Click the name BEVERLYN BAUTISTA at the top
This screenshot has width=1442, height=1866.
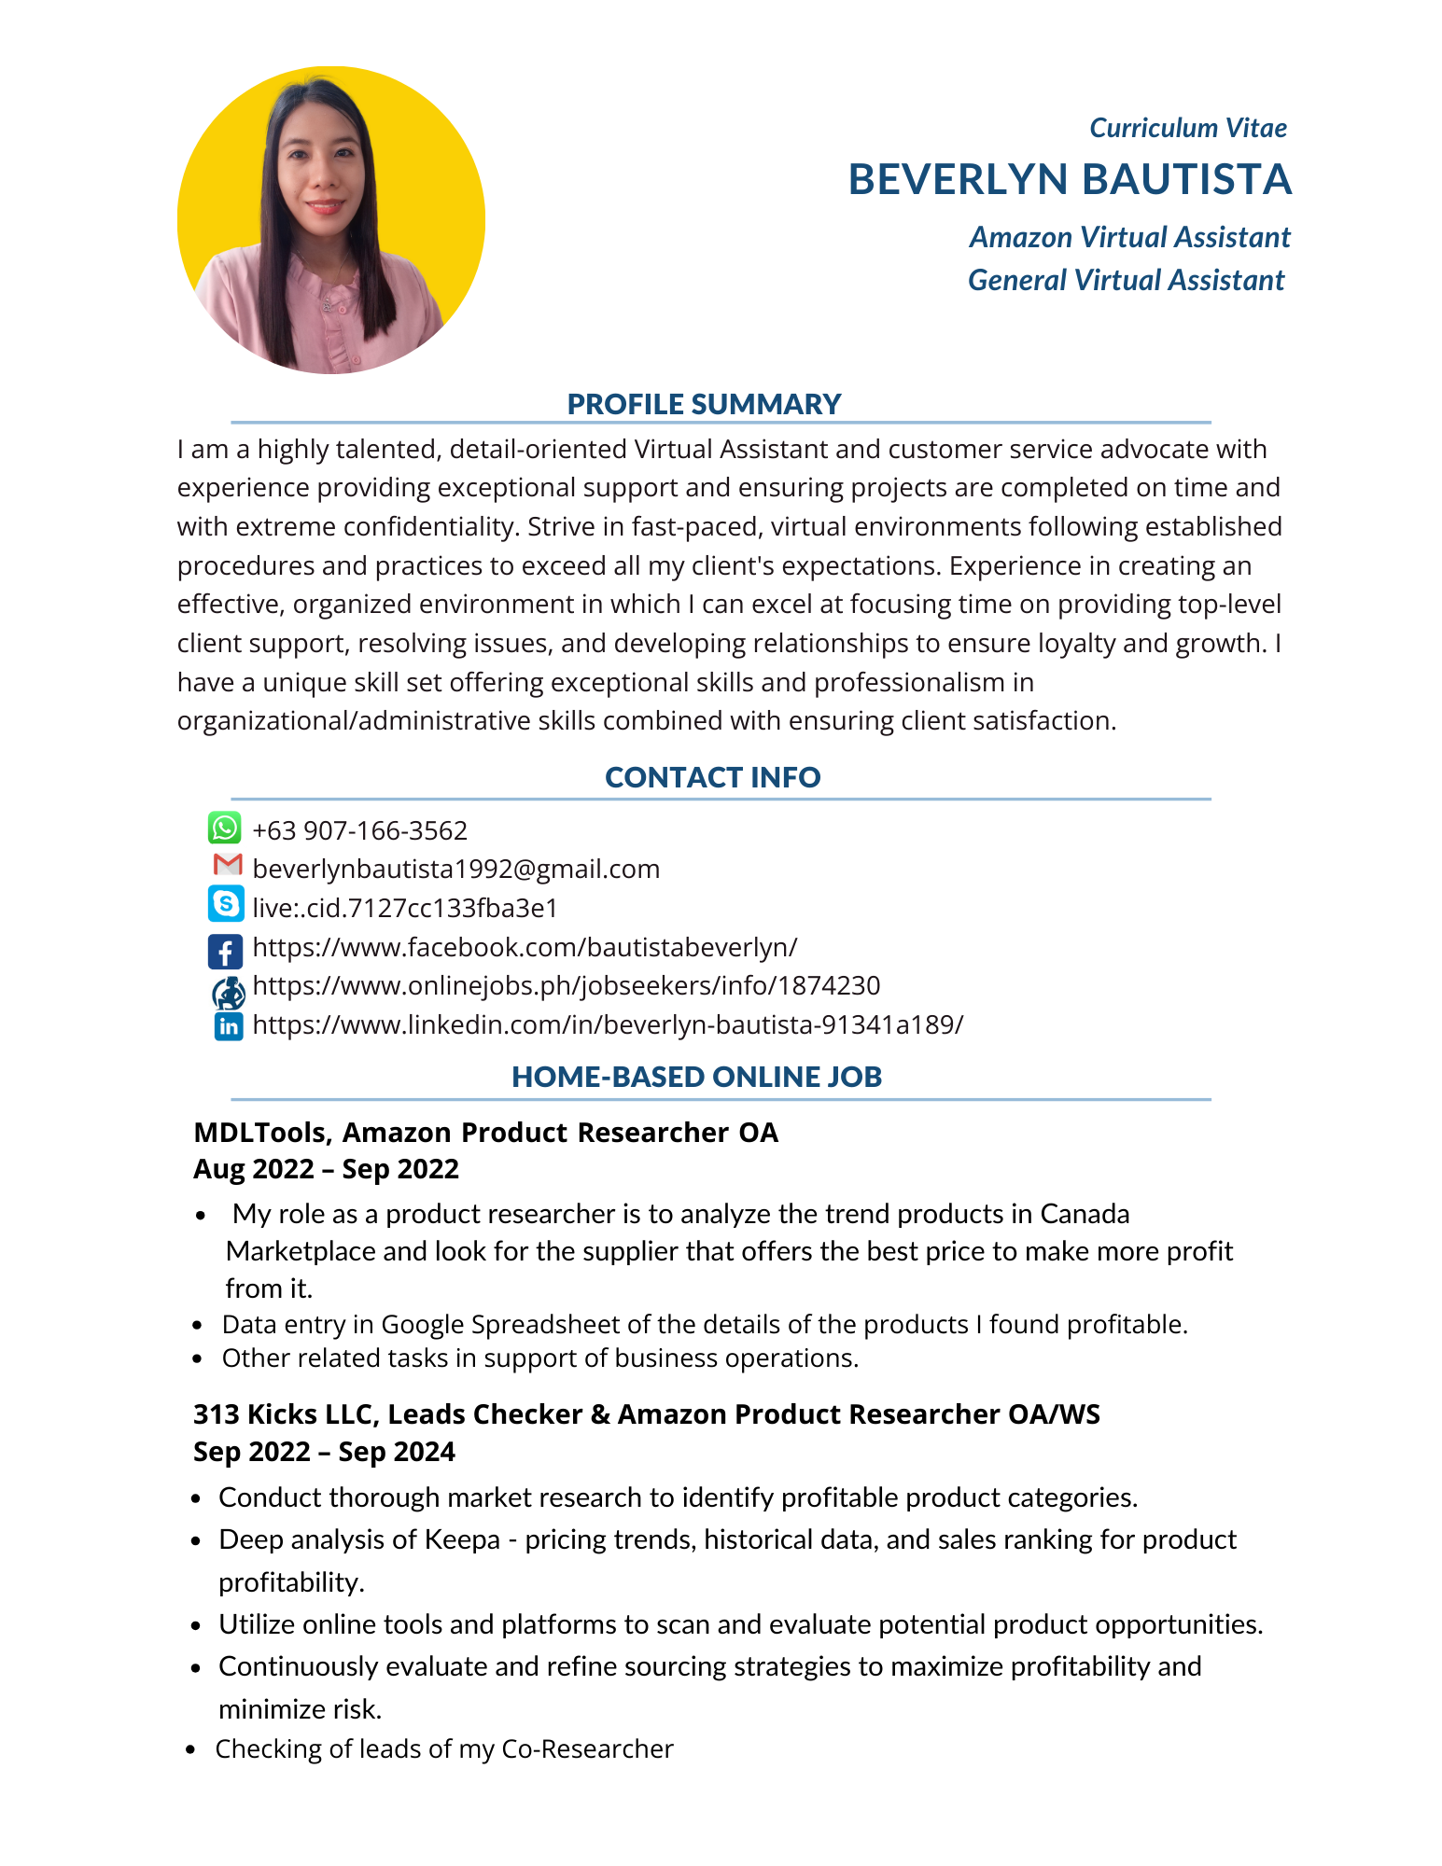1070,180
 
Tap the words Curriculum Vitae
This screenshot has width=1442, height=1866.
1187,128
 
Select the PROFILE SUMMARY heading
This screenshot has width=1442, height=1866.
704,404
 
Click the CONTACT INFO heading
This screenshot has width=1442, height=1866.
712,777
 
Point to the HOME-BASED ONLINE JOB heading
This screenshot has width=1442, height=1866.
696,1077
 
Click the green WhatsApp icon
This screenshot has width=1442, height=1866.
224,829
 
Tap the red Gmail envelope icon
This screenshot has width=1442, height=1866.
227,865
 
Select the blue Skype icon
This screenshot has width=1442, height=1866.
225,904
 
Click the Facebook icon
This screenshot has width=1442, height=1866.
225,952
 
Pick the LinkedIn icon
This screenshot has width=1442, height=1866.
228,1026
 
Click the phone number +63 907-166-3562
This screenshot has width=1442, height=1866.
359,830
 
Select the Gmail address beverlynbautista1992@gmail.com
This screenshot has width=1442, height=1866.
455,870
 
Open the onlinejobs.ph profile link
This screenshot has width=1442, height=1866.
566,986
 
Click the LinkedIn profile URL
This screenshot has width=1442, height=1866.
608,1025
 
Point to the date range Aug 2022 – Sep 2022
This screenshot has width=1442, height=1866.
326,1169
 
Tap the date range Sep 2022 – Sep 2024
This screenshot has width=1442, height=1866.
324,1452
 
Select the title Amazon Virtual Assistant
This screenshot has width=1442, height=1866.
1129,238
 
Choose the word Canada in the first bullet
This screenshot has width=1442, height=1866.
1085,1214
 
